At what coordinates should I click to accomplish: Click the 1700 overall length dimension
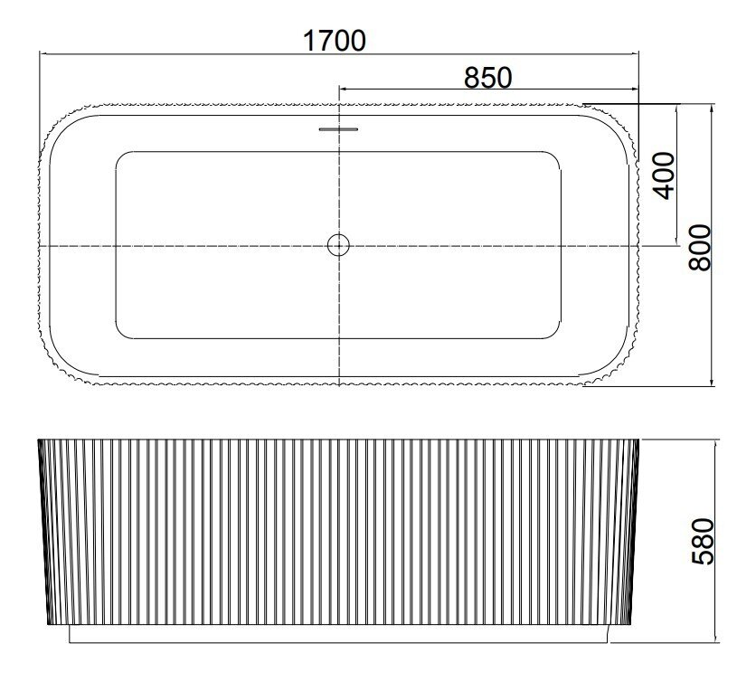(x=335, y=41)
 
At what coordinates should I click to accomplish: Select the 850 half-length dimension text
(x=488, y=78)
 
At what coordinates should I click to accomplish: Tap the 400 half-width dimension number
(x=664, y=175)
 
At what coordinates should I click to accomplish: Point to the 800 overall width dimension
(x=700, y=247)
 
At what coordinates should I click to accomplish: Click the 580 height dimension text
(x=704, y=541)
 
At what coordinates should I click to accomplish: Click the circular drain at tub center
(x=338, y=245)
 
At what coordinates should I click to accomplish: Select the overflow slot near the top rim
(x=338, y=128)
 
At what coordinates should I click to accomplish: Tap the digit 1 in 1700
(x=309, y=41)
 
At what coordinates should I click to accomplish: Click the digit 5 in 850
(x=488, y=78)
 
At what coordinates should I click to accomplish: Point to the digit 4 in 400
(x=664, y=193)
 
